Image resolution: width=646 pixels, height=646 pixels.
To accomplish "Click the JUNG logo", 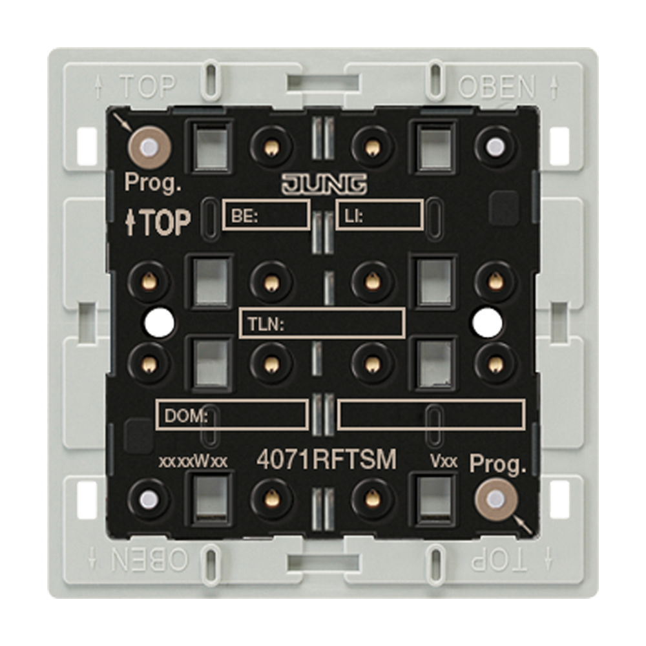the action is coord(324,184).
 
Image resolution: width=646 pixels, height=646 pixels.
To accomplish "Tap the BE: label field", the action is coord(266,214).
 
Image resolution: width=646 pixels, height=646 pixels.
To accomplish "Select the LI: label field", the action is coord(379,214).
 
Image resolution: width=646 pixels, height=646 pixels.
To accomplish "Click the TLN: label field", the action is coord(322,323).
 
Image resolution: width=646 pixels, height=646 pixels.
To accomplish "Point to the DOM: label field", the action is coord(233,415).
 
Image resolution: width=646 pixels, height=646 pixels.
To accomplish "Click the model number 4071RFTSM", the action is coord(326,460).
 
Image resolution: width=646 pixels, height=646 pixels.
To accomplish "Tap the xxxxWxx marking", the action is coord(193,461).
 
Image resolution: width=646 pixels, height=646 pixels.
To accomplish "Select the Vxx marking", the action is coord(443,461).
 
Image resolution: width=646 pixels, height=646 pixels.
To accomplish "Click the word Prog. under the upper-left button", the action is coord(152,183).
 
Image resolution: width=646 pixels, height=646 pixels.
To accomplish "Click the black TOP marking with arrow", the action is coord(158,222).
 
